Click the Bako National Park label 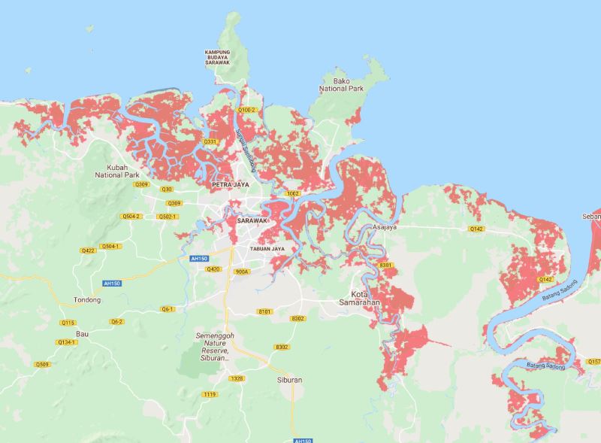coord(342,84)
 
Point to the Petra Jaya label coord(230,184)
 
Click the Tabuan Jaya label coord(268,248)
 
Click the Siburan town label coord(285,380)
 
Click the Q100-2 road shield coord(246,110)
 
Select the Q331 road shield coord(210,141)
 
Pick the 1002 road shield coord(292,193)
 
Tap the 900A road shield coord(241,272)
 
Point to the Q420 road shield coord(213,269)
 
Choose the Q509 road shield coord(42,365)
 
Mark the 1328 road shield coord(237,378)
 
